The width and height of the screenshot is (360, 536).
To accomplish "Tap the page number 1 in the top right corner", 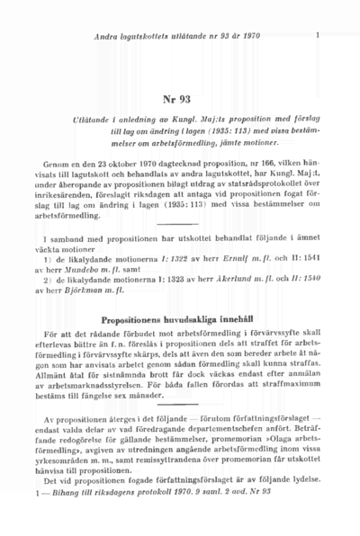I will click(x=319, y=36).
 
